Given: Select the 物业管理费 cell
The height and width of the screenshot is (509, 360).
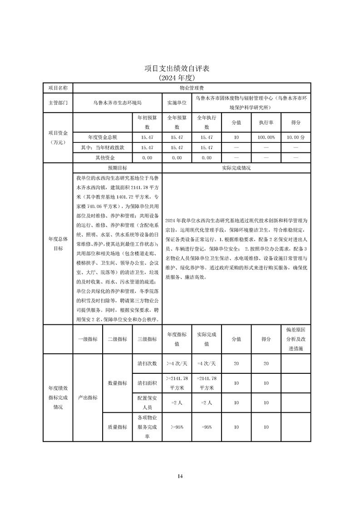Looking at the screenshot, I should pos(191,87).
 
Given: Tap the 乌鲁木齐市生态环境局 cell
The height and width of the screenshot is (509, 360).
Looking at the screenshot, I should pos(117,103).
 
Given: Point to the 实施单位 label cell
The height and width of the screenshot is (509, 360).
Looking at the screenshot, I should pos(177,103).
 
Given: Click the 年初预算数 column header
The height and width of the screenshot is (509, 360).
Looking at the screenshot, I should pos(147,122).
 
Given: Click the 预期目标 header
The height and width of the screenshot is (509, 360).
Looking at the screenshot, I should pos(117,167).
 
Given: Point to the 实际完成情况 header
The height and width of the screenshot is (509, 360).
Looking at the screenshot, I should pos(236,167).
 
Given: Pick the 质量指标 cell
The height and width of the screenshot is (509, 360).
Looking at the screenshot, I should pos(117,427).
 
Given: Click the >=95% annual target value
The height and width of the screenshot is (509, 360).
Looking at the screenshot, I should pos(177,427).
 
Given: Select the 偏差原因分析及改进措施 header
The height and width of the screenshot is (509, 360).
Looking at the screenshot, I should pos(296,339).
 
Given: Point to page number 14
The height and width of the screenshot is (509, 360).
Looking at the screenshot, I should pos(180,476).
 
